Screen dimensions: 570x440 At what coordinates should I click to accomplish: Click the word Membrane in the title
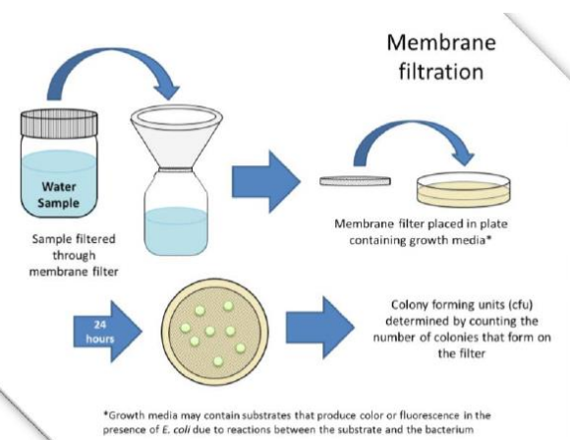(441, 42)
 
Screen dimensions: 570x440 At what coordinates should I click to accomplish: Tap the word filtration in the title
(441, 71)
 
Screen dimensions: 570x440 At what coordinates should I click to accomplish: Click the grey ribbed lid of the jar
(59, 123)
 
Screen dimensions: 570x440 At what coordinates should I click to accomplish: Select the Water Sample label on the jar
(59, 195)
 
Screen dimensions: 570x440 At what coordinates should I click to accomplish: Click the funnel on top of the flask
(177, 138)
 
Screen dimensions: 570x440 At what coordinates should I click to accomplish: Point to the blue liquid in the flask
(176, 230)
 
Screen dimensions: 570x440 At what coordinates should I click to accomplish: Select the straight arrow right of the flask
(266, 181)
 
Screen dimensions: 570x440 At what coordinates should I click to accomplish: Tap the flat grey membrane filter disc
(356, 181)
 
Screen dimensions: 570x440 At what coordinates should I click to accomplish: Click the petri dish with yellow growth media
(464, 190)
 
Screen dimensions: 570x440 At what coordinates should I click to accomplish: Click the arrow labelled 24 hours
(107, 332)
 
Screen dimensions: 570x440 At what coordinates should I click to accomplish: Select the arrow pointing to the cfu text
(320, 328)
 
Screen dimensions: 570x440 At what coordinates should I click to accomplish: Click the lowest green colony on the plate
(218, 361)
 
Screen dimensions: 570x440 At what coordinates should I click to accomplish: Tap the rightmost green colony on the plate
(241, 347)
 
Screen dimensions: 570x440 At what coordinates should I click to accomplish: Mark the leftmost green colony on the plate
(185, 328)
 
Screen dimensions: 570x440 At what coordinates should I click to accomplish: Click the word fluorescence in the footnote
(429, 415)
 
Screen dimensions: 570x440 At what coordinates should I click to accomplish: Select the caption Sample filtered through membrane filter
(74, 255)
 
